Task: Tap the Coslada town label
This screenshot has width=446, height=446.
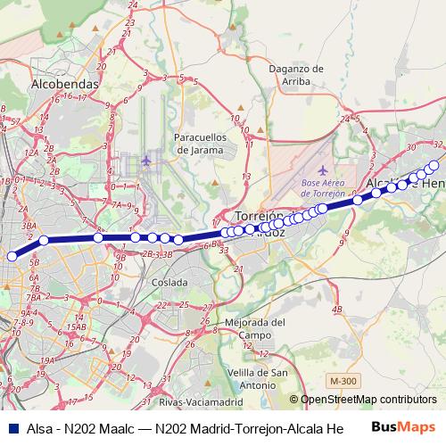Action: coord(169,282)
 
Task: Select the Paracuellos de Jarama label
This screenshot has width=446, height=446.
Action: coord(206,144)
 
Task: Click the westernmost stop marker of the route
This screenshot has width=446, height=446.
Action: coord(12,256)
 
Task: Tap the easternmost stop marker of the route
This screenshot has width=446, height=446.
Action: coord(435,164)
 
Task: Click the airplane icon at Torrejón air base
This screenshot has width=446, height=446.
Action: coord(322,169)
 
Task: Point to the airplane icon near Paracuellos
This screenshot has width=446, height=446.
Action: coord(146,160)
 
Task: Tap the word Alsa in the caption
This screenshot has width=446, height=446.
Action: coord(40,429)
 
